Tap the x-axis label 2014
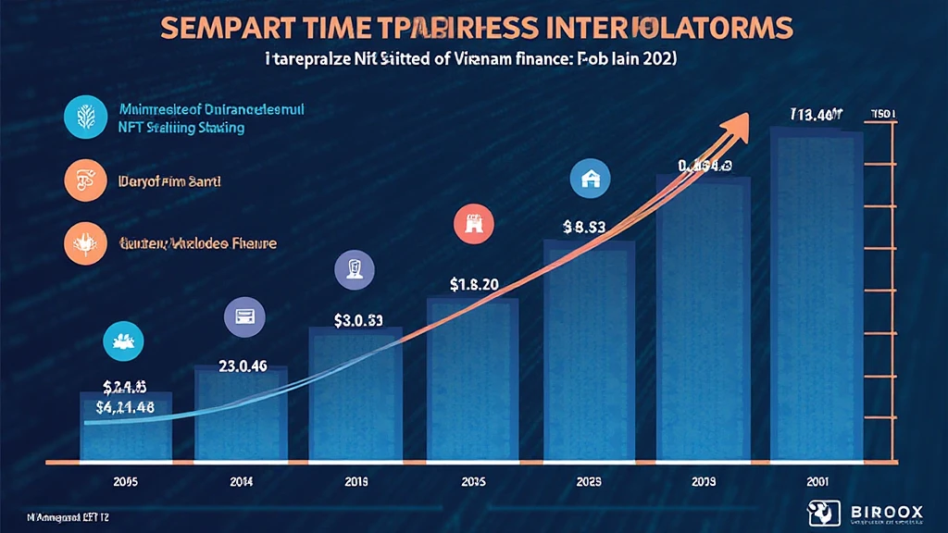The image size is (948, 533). tap(240, 482)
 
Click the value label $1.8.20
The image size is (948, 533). tap(474, 284)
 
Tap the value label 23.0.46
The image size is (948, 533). tap(243, 365)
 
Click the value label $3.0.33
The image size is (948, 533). tap(358, 321)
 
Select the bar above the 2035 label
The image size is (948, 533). tap(472, 378)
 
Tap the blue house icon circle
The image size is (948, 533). tap(588, 180)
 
